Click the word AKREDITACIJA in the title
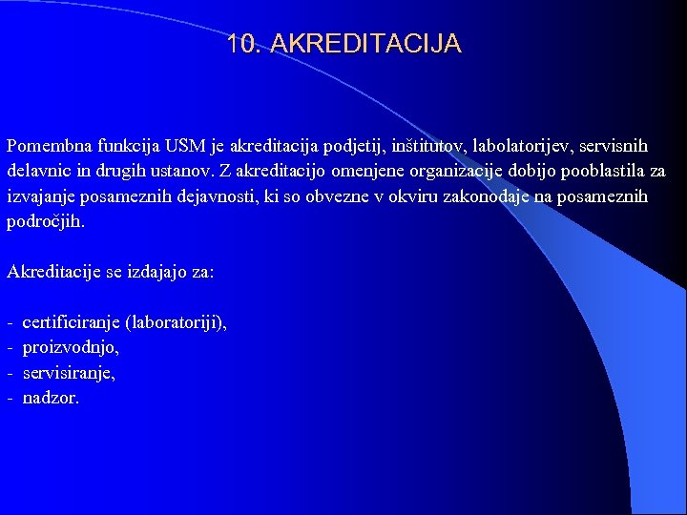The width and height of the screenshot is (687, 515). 366,44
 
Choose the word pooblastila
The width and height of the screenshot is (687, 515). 593,172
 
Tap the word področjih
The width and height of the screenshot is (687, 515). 45,222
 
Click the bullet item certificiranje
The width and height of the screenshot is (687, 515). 71,323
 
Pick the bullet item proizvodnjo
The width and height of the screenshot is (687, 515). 70,348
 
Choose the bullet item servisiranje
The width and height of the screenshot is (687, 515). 69,373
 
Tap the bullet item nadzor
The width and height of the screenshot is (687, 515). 51,398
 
